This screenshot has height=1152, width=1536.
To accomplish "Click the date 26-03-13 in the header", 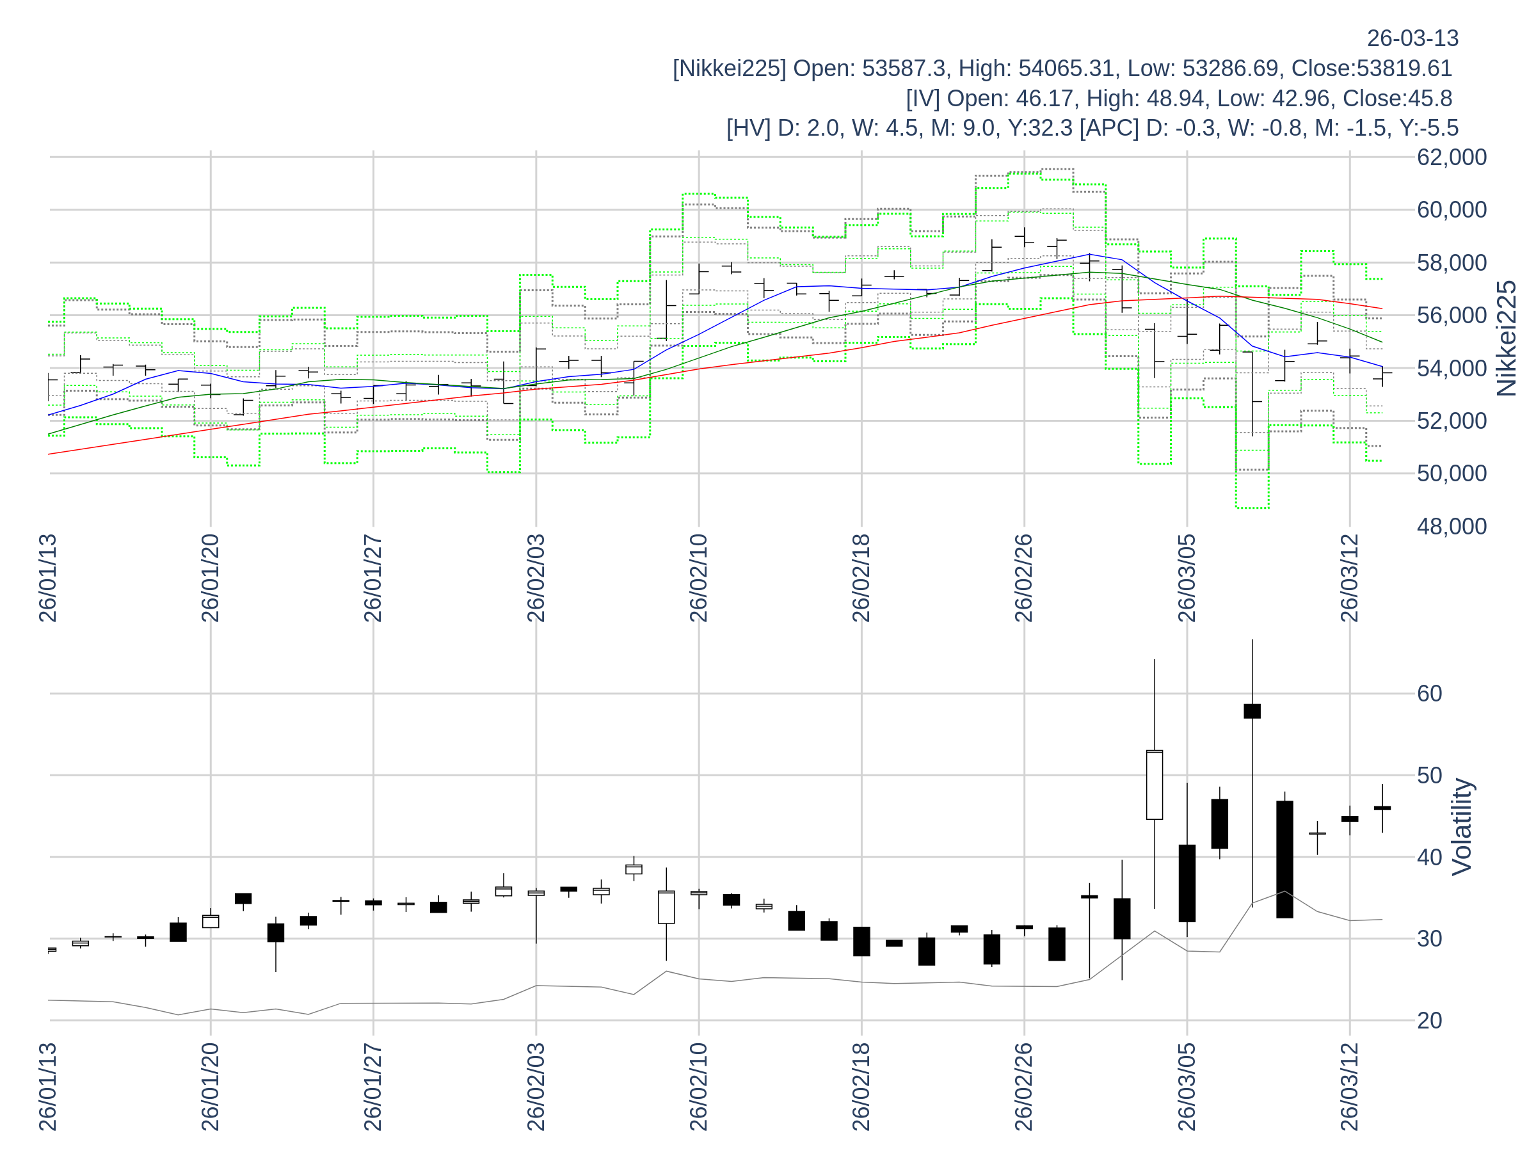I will [x=1412, y=38].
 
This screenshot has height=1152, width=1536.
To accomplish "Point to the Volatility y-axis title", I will [x=1462, y=827].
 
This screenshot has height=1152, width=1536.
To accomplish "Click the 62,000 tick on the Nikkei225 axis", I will [x=1452, y=157].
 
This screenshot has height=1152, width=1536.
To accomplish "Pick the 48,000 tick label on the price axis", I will [x=1452, y=526].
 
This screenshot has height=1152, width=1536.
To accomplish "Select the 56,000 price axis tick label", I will [x=1452, y=316].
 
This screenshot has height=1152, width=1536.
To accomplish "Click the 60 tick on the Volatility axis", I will [x=1430, y=694].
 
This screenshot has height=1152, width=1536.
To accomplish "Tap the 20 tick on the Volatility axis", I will [x=1430, y=1021].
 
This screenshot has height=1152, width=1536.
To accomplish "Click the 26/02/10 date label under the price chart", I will [x=699, y=579].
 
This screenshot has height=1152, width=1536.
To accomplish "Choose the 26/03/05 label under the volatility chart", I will [x=1187, y=1087].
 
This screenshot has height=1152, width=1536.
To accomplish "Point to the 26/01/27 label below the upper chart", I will [x=373, y=579].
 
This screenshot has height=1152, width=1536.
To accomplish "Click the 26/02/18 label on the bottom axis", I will [x=861, y=1087].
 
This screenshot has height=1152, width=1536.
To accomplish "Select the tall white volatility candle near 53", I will [x=1154, y=785].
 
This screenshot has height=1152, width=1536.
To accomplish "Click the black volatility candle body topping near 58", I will [x=1252, y=711].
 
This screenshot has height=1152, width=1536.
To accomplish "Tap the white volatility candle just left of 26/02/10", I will [x=666, y=907].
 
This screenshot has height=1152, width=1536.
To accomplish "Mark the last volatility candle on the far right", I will [x=1382, y=808].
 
